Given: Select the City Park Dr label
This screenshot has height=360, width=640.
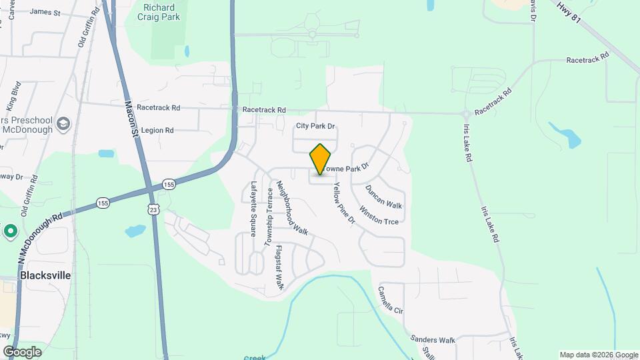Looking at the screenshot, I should [x=315, y=125].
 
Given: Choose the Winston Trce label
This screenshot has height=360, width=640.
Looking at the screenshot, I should [x=379, y=215].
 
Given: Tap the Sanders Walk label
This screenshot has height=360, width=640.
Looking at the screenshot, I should [x=433, y=340].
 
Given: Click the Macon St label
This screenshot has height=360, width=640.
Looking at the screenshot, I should [x=131, y=119].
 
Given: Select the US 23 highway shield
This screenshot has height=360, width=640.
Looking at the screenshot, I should [x=154, y=209].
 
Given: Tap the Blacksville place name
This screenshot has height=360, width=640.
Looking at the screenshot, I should [x=45, y=275].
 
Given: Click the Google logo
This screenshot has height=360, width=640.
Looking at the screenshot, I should [x=22, y=351].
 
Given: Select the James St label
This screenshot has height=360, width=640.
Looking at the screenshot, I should [x=45, y=12].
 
